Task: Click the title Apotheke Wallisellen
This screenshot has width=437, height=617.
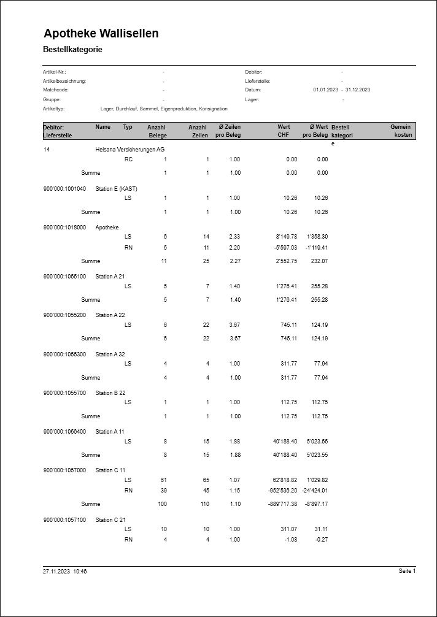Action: [x=101, y=33]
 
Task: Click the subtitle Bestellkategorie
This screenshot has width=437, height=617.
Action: [x=72, y=49]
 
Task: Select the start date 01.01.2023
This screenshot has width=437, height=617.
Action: [x=325, y=90]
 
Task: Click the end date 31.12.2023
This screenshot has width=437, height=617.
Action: [x=358, y=90]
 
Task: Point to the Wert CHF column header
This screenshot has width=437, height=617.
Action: [x=283, y=131]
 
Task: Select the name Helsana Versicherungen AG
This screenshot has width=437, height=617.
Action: [x=130, y=149]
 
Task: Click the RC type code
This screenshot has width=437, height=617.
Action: [x=128, y=159]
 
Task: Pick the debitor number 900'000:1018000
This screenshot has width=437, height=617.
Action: [x=64, y=227]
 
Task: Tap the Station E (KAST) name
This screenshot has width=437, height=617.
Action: [x=116, y=188]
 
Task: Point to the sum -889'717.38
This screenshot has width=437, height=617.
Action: [x=279, y=504]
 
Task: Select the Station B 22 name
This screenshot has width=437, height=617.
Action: [x=110, y=393]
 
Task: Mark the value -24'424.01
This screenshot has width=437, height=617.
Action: [x=314, y=490]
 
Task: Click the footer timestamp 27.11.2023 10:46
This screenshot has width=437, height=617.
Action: [x=65, y=571]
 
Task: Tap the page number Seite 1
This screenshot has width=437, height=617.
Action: [x=407, y=571]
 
